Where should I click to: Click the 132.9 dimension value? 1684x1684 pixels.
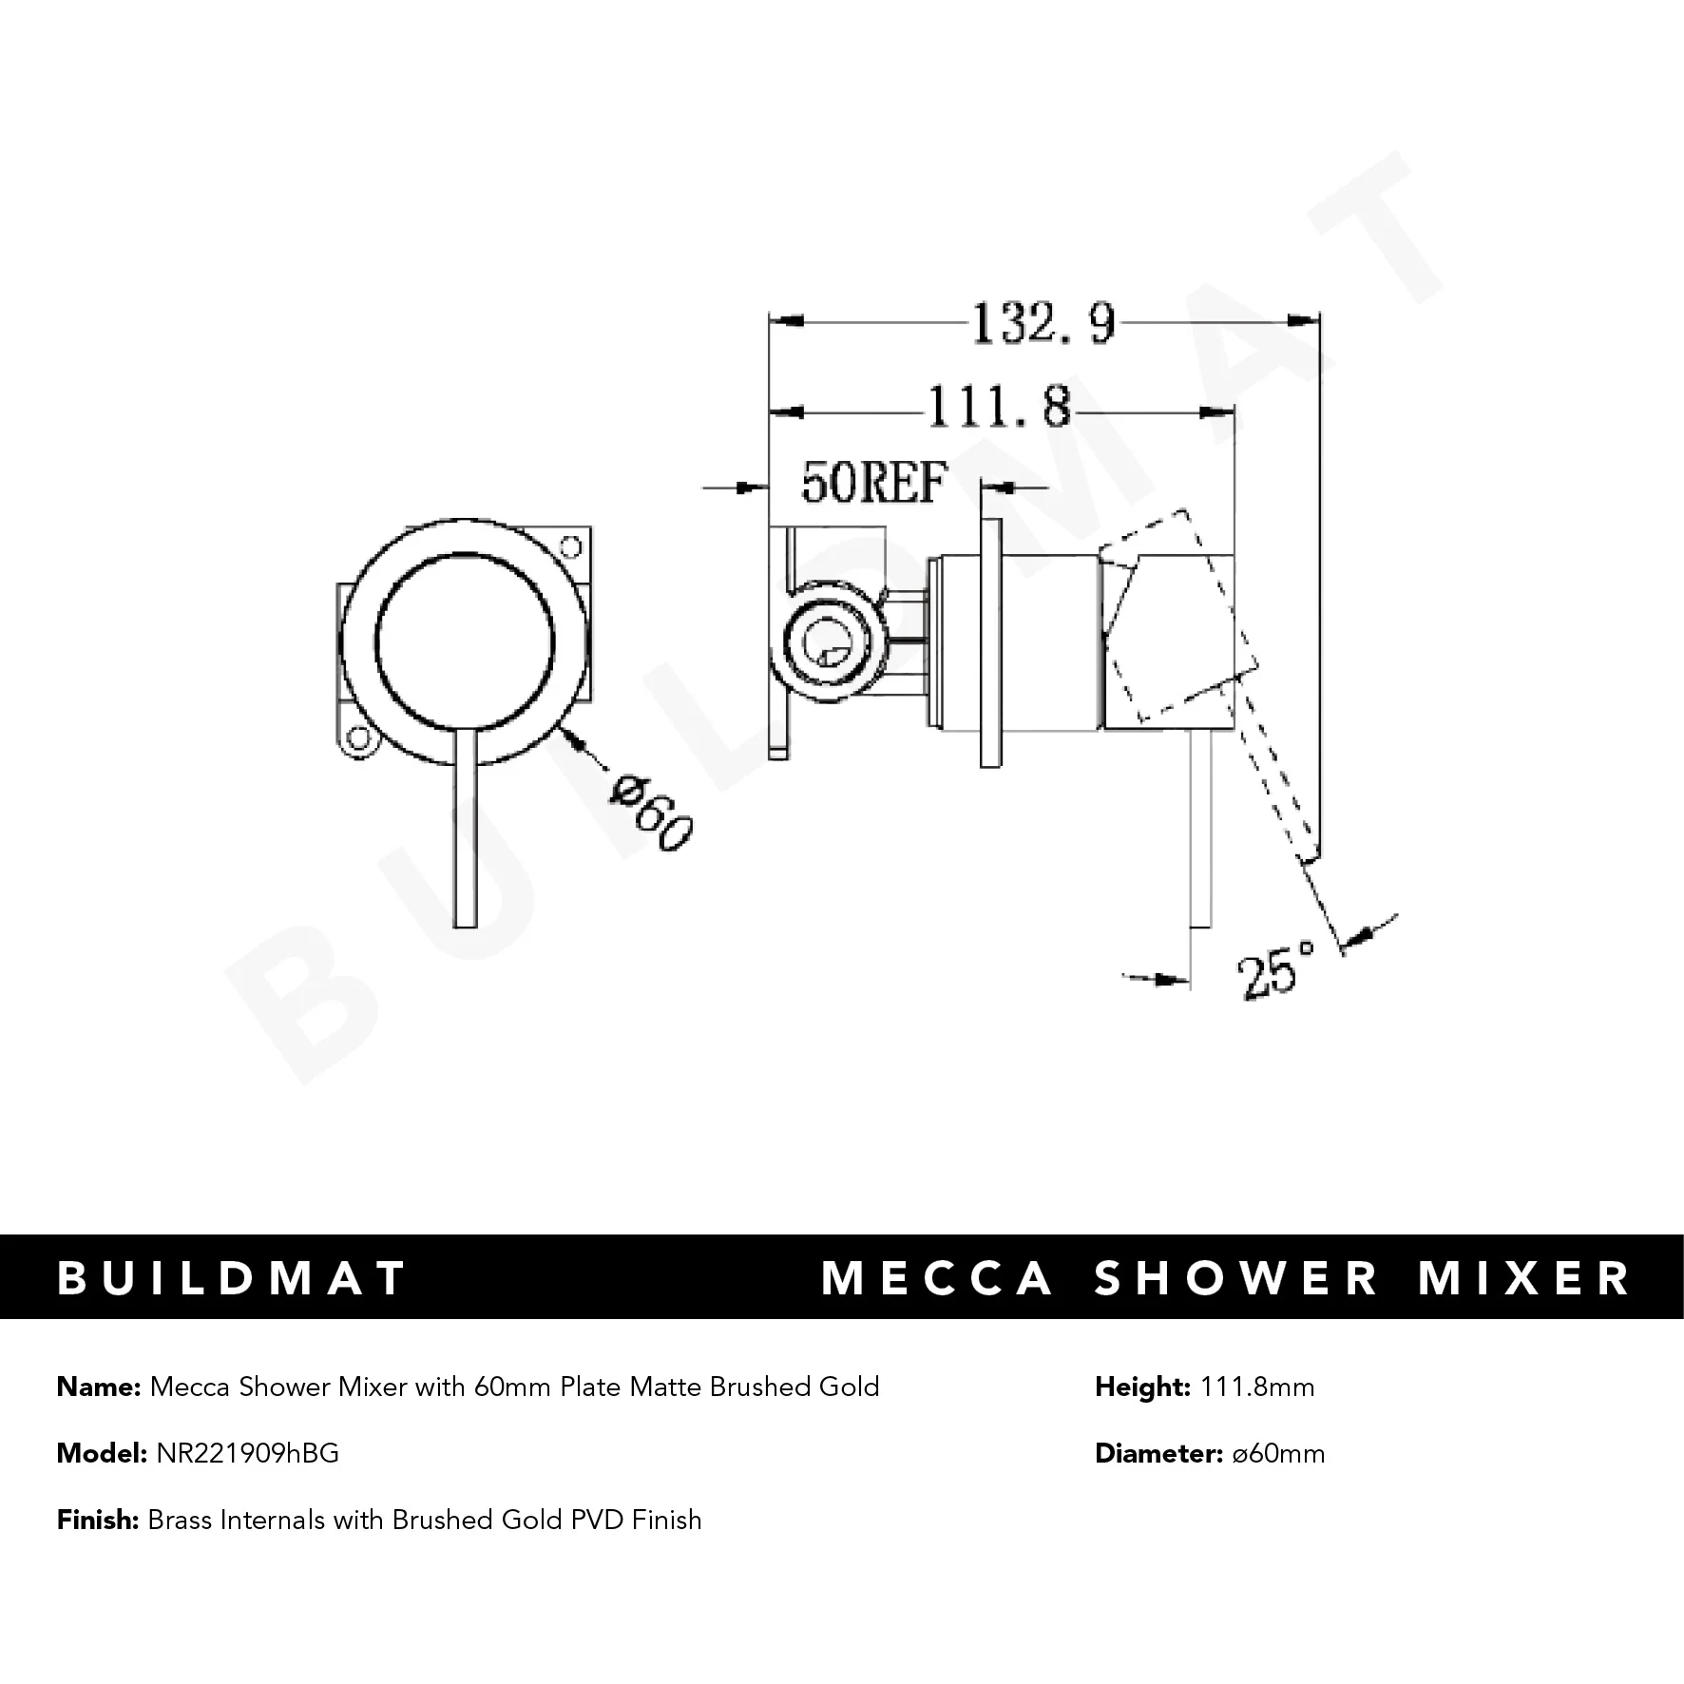(1043, 325)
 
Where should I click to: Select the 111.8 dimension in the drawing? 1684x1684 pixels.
(998, 409)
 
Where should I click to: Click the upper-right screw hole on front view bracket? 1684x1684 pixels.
(571, 546)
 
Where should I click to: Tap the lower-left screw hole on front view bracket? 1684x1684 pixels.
(357, 737)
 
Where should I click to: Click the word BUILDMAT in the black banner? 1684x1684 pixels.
(233, 1278)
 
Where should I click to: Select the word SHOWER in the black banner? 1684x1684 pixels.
(1236, 1278)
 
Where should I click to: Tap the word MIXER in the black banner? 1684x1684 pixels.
(1524, 1278)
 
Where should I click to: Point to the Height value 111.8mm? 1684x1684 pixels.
(1257, 1387)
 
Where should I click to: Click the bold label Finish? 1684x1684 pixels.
(99, 1520)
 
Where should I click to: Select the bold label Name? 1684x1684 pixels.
(99, 1387)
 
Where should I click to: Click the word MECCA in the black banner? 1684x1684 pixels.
(938, 1278)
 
